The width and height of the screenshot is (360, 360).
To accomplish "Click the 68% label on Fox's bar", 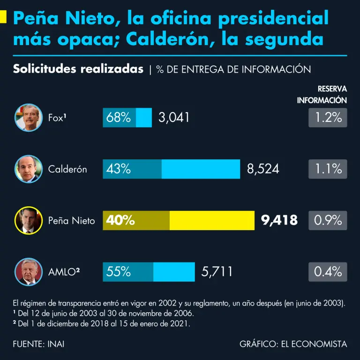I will [x=119, y=118].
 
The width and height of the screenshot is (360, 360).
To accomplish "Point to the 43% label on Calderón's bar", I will [x=119, y=169].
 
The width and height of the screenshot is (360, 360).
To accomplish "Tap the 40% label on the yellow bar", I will [x=120, y=220].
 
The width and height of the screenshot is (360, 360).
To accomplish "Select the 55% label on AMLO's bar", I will [x=119, y=271].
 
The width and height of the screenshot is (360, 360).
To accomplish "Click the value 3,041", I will [x=174, y=118].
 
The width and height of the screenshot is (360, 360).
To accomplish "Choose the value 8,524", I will [x=263, y=169].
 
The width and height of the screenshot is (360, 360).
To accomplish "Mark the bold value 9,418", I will [x=279, y=220].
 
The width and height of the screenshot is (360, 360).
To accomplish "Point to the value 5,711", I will [x=217, y=271].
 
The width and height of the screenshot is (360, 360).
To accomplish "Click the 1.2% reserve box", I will [x=328, y=118].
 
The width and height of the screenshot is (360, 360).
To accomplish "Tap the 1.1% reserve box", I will [x=328, y=169].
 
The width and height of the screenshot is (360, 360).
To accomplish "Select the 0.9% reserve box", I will [x=328, y=220].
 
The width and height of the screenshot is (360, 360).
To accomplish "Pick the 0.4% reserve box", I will [x=328, y=271].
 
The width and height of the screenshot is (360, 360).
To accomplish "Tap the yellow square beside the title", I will [x=3, y=18].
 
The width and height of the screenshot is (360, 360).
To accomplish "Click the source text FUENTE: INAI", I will [x=39, y=344].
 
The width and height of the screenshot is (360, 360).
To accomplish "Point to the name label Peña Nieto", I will [x=71, y=220].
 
